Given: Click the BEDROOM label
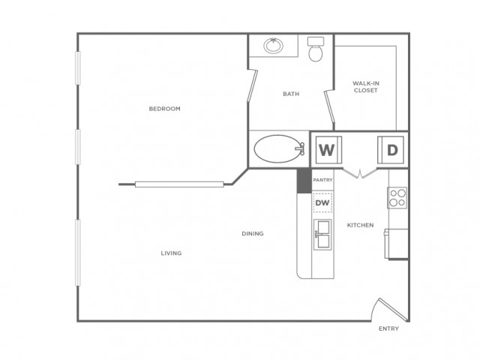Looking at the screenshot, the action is click(164, 109).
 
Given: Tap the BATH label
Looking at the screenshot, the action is click(291, 94).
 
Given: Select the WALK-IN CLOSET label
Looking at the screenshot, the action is click(365, 87).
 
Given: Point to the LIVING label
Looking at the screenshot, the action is click(171, 253).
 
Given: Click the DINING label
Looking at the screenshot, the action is click(253, 233).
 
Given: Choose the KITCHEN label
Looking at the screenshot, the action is click(360, 225).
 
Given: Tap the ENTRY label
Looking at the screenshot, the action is click(388, 328).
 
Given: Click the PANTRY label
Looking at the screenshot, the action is click(322, 180).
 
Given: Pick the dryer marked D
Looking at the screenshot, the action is click(391, 150).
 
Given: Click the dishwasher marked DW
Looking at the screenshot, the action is click(322, 202).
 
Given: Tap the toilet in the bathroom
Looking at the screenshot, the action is click(316, 49).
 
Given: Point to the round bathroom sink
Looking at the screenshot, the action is click(273, 46).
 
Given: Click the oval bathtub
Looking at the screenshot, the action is click(277, 149).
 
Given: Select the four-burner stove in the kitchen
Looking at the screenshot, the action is click(397, 198).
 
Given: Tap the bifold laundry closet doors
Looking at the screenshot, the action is click(360, 173).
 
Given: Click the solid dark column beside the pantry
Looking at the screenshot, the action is click(304, 181).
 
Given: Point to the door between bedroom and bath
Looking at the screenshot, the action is click(252, 85).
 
